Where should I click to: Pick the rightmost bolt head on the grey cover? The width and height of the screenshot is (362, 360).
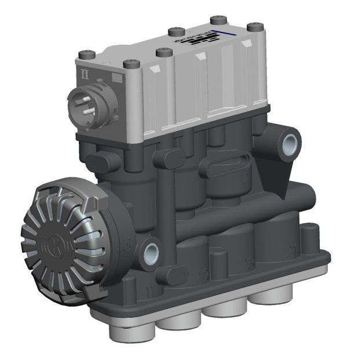(x=252, y=27)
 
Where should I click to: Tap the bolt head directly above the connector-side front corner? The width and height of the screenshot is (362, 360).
(x=129, y=64)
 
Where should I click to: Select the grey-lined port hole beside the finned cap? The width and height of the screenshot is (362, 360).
(x=152, y=251)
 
